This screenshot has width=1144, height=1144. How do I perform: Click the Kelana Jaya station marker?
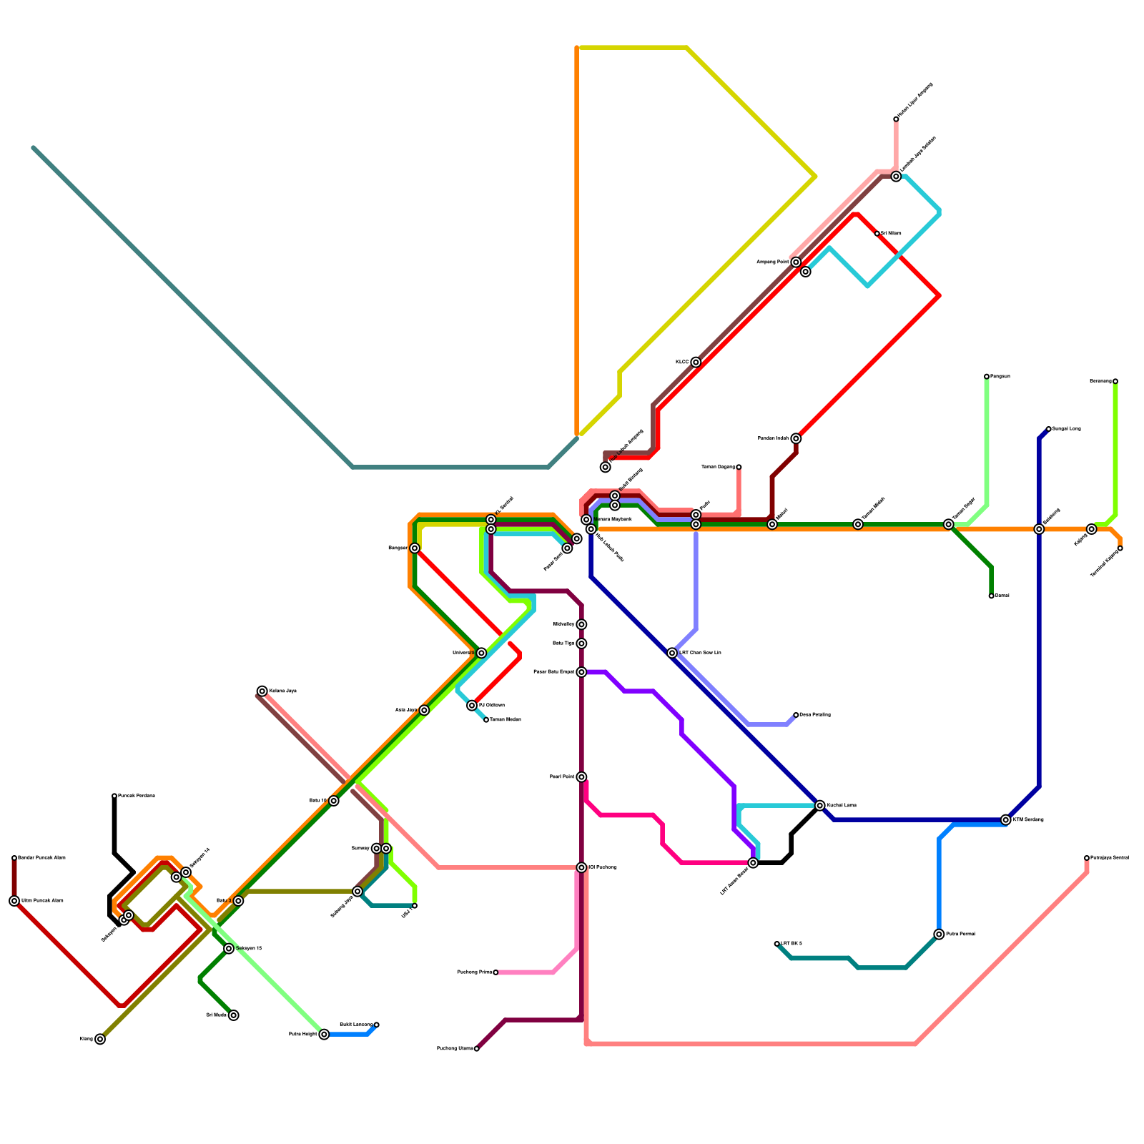coord(262,691)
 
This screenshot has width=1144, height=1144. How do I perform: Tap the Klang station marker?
coord(100,1039)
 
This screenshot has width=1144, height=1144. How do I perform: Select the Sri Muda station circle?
coord(234,1015)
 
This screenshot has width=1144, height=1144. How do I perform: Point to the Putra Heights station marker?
coord(324,1034)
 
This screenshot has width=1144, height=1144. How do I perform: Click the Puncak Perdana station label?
coord(137,796)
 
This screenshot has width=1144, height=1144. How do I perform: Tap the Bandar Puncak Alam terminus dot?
coord(14,858)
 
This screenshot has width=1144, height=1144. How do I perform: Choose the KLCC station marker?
coord(696,362)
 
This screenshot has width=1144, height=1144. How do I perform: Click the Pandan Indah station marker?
coord(796,438)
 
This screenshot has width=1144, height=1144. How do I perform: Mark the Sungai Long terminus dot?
coord(1048,429)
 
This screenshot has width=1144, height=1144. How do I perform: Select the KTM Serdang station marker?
coord(1006,819)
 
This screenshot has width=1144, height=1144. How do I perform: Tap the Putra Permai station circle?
coord(939,934)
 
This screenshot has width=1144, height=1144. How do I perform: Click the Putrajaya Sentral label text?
coord(1110,857)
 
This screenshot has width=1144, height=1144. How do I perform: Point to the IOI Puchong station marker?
coord(581,867)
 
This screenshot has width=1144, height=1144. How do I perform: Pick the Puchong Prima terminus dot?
coord(495,972)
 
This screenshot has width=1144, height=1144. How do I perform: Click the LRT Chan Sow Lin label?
coord(700,653)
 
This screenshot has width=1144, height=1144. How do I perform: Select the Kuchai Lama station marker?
coord(820,805)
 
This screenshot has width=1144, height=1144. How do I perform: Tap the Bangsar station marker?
coord(415,548)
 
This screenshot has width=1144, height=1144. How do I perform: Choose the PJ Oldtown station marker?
coord(472,705)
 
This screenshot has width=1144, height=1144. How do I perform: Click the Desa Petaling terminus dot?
coord(796,715)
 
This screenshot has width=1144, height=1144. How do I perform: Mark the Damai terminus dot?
coord(991,596)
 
